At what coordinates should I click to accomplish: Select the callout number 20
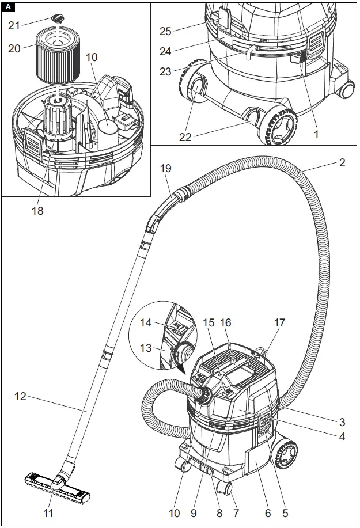tap(14, 48)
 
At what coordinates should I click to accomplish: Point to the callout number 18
tap(37, 211)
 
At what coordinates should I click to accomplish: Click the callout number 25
tap(166, 30)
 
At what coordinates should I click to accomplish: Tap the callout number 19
tap(166, 169)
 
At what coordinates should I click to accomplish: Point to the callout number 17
tap(280, 324)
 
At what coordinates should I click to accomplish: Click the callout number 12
tap(20, 396)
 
